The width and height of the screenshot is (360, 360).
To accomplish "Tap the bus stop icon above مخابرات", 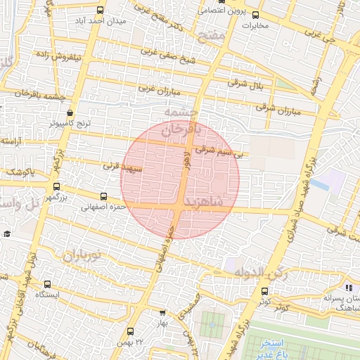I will [255, 14].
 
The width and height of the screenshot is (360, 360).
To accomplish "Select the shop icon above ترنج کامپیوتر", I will [70, 112].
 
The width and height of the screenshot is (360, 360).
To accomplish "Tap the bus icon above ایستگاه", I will [47, 285].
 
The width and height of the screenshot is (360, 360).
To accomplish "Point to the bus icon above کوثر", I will [264, 290].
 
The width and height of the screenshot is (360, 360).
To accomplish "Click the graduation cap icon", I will [6, 234].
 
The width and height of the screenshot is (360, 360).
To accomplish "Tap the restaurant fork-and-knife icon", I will [349, 287].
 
